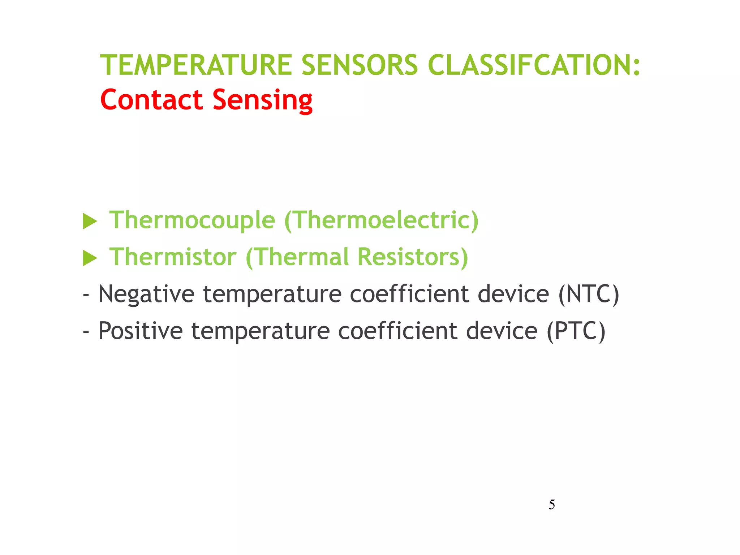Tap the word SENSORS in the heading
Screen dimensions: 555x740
[360, 65]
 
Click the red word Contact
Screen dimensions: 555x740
[151, 100]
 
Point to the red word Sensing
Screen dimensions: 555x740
[262, 100]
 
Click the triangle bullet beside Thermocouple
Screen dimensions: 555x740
[90, 221]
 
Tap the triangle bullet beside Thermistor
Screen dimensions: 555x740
[90, 258]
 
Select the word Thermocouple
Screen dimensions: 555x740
[192, 220]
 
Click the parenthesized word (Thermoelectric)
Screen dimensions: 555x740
[382, 220]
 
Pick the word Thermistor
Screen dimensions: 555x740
[173, 257]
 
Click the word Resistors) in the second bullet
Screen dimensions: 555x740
[413, 257]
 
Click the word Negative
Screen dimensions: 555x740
[146, 294]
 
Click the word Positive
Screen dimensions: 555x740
[141, 331]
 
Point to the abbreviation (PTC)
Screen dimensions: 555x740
[576, 331]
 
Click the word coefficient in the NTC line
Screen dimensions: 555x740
[409, 294]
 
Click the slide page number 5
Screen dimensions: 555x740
[552, 504]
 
